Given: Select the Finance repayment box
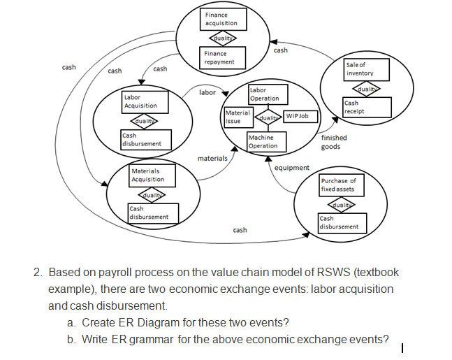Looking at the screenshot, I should click(x=224, y=57).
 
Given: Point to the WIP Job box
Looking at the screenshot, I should click(x=300, y=115).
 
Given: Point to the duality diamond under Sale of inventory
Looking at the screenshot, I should click(x=366, y=89).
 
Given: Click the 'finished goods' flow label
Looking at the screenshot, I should click(x=334, y=142).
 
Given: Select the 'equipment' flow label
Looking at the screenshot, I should click(x=292, y=168).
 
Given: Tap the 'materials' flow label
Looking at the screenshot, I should click(x=212, y=159).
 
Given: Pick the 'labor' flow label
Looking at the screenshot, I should click(x=207, y=92).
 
